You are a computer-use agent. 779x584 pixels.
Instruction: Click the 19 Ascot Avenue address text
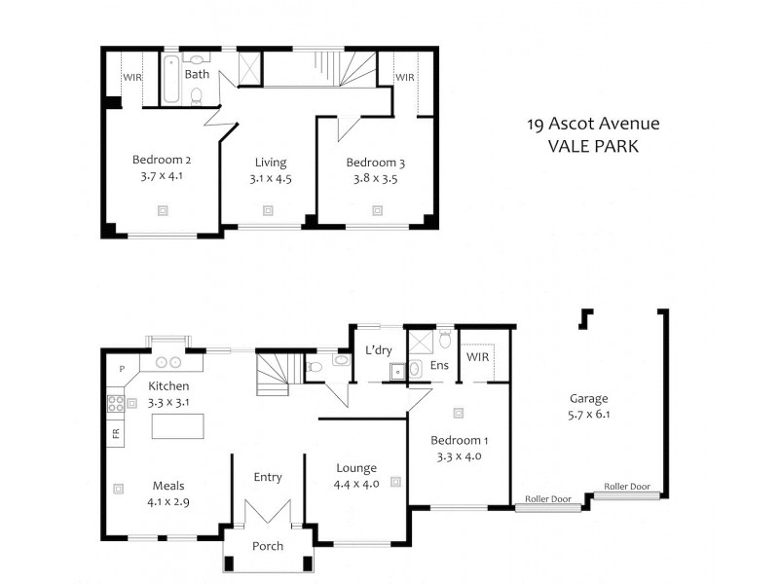(x=592, y=124)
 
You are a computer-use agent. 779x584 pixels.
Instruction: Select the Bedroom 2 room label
(x=161, y=161)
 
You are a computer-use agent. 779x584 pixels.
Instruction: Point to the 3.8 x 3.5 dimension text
(x=375, y=179)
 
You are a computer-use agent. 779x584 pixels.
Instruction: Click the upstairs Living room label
(x=271, y=162)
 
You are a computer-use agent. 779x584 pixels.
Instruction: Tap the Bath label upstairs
(x=197, y=74)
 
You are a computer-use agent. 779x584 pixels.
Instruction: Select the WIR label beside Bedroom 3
(x=405, y=77)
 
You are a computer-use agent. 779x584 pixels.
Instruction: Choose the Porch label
(x=268, y=546)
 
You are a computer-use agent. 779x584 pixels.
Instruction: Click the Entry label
(x=268, y=477)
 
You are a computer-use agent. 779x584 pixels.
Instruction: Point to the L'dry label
(x=378, y=350)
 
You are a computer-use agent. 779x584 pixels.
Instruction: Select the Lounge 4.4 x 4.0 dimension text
(x=355, y=484)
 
